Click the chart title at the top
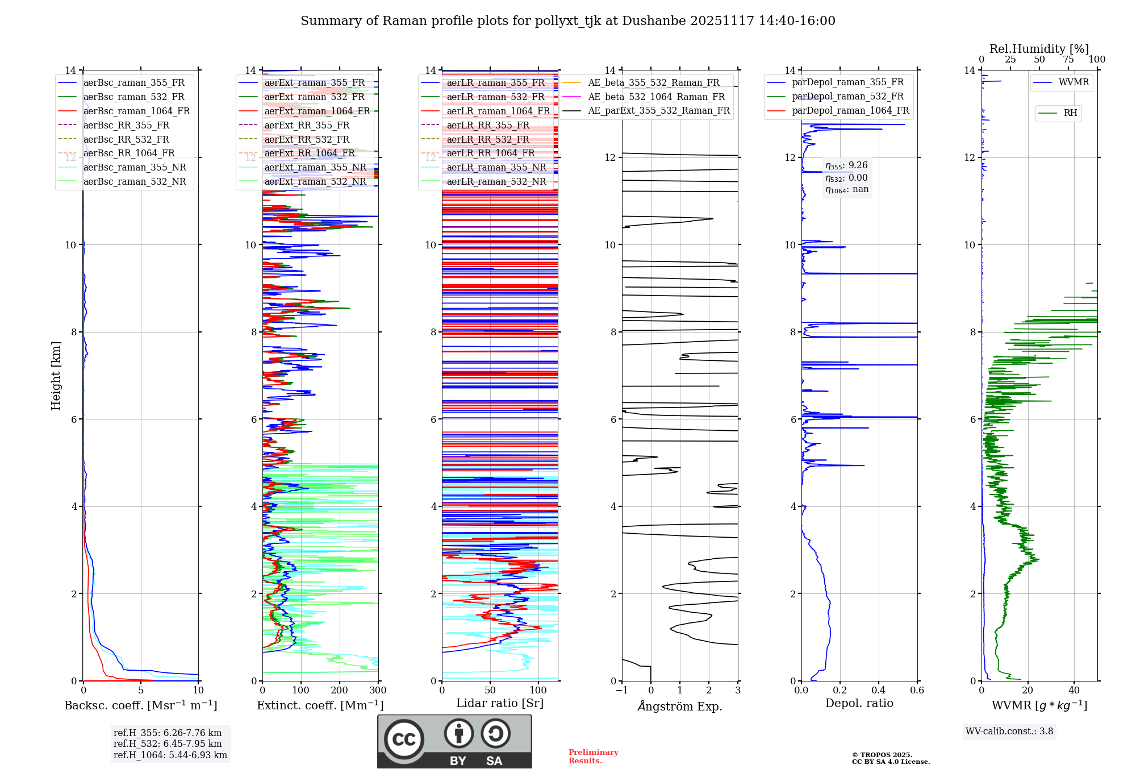567,21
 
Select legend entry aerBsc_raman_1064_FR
136,111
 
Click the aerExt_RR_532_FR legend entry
307,139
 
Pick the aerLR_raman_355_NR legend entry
496,167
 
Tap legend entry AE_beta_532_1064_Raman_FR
656,97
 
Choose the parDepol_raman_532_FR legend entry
847,97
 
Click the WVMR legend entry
1074,82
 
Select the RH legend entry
1070,113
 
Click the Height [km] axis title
56,375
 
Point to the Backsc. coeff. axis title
140,705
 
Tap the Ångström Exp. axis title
680,706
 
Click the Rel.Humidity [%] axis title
1039,49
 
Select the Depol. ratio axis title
859,703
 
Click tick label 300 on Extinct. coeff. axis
378,691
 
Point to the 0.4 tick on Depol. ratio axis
878,691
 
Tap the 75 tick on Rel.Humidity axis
1068,60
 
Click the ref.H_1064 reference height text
170,755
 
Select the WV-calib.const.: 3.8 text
1009,732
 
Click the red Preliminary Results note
593,757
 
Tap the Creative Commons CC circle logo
404,739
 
